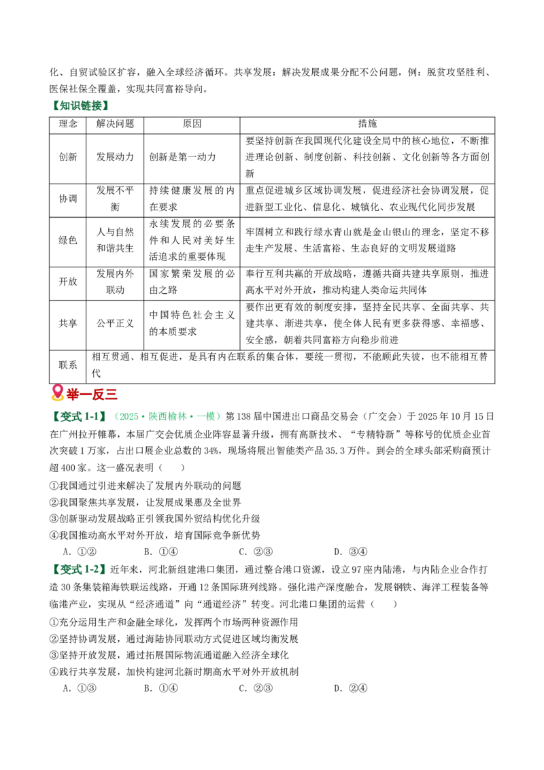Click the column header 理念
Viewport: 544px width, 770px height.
(68, 124)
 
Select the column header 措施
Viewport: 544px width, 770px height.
(367, 124)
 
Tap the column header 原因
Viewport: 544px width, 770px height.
(192, 124)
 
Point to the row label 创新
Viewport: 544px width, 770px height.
(68, 157)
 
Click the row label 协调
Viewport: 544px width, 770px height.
(68, 199)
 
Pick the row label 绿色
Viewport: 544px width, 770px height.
(68, 240)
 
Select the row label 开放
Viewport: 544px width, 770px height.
(68, 282)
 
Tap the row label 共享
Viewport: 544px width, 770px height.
(68, 323)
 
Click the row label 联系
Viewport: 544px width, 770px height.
(68, 365)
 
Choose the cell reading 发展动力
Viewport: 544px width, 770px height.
(115, 157)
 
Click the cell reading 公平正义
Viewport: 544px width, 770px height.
(115, 323)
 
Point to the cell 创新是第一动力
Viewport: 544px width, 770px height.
(183, 157)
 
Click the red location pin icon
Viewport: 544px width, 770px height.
(57, 392)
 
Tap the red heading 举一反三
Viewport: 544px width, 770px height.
(92, 395)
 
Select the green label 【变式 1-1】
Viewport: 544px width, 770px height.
(79, 417)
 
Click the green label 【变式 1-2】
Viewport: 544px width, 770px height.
(79, 569)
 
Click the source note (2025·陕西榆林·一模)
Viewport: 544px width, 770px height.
(166, 417)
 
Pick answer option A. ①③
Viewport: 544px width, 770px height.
(80, 688)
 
